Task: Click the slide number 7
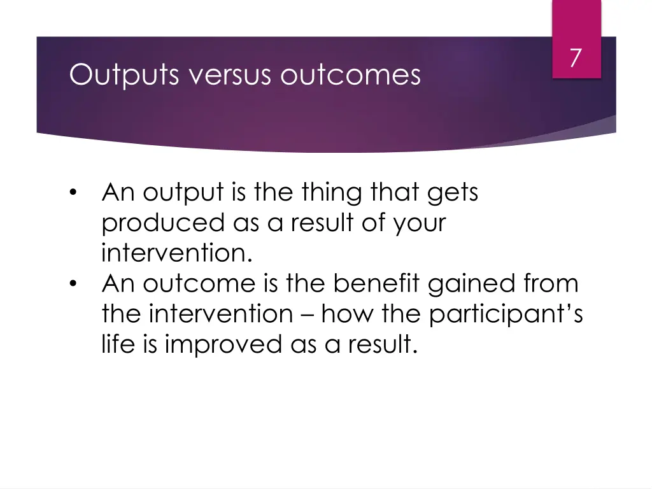click(x=576, y=58)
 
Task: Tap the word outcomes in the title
click(x=351, y=75)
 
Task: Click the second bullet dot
click(x=74, y=284)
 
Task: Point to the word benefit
click(x=376, y=283)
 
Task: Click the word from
click(x=549, y=283)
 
